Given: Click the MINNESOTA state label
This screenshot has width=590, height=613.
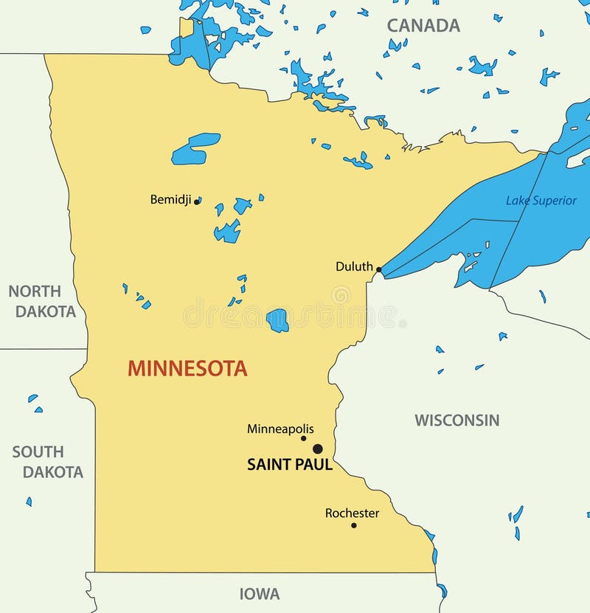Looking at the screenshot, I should (187, 368).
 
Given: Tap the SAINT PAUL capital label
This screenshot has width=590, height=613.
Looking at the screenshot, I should (289, 465).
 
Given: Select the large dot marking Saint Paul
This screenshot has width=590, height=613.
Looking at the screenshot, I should (318, 449).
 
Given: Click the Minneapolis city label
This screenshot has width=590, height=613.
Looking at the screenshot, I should (280, 429).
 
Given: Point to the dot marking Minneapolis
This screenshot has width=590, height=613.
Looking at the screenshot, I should (303, 438).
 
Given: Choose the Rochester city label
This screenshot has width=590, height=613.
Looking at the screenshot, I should (352, 513).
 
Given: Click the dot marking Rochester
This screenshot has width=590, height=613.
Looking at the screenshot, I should (353, 525).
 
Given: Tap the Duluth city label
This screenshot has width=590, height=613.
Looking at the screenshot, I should (354, 266).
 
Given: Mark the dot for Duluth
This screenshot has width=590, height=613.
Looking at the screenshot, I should (379, 270).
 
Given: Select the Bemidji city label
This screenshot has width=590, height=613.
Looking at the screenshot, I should (170, 199).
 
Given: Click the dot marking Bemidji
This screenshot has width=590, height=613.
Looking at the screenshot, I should (197, 201).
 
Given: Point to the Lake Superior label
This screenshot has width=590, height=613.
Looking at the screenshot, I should (541, 200).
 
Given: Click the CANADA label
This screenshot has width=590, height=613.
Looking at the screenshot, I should (423, 25).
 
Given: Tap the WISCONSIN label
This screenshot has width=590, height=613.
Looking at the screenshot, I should (457, 420).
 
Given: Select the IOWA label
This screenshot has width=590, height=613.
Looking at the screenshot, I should (260, 594).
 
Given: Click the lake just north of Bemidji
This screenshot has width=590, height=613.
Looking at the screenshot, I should (195, 148).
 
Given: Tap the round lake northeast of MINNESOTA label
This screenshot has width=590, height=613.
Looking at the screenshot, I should (277, 320).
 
